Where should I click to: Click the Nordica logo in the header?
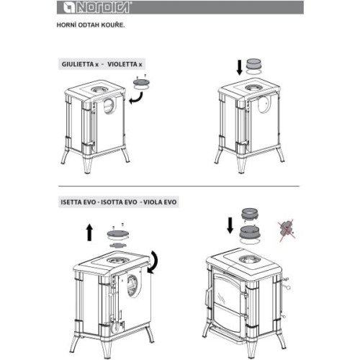pos(96,7)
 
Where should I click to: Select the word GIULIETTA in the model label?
pos(78,64)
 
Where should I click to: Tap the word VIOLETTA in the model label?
pos(122,64)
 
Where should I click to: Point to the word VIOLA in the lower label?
pos(152,202)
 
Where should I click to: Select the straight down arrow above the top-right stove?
pos(240,68)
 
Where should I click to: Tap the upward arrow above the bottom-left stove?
pos(89,233)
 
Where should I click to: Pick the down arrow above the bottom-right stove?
pos(230,225)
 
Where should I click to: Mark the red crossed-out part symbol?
pos(287,229)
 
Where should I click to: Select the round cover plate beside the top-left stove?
pos(142,83)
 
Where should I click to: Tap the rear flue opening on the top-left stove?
pos(109,106)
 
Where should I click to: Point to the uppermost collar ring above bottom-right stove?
pos(250,213)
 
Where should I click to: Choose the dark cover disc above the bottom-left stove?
pos(117,233)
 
